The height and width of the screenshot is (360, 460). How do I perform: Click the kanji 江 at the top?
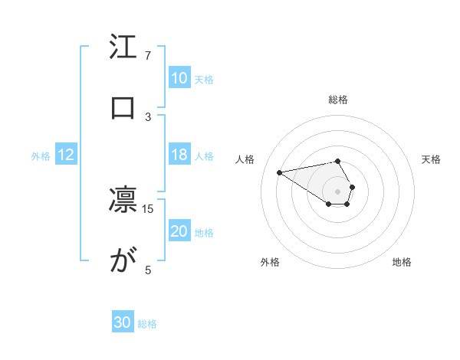click(x=123, y=49)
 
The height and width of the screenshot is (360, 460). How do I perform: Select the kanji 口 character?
click(x=123, y=108)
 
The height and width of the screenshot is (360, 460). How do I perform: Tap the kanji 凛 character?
click(x=123, y=201)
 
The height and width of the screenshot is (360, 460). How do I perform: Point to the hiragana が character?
click(x=123, y=262)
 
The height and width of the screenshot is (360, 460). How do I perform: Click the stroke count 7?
click(x=148, y=56)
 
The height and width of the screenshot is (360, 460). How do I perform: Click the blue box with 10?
click(x=179, y=78)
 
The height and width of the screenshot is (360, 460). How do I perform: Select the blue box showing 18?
click(x=179, y=155)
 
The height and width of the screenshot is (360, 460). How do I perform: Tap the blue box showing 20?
click(x=179, y=231)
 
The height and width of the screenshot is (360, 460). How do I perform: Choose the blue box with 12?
click(x=65, y=155)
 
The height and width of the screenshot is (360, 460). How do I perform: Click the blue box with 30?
click(x=123, y=322)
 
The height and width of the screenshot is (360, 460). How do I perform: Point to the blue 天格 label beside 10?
click(x=203, y=79)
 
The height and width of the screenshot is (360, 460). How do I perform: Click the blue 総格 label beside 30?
click(x=147, y=323)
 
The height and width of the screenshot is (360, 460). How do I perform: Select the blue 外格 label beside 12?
click(x=41, y=156)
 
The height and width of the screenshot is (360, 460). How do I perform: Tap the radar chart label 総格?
click(x=338, y=100)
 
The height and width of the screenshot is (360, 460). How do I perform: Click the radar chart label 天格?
click(x=432, y=159)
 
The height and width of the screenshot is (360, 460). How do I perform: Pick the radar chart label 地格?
click(x=402, y=262)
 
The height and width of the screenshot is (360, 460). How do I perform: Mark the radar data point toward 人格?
click(x=279, y=172)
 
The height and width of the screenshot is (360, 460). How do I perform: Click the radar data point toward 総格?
click(x=338, y=161)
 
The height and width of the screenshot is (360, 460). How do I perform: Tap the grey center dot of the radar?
click(x=338, y=190)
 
